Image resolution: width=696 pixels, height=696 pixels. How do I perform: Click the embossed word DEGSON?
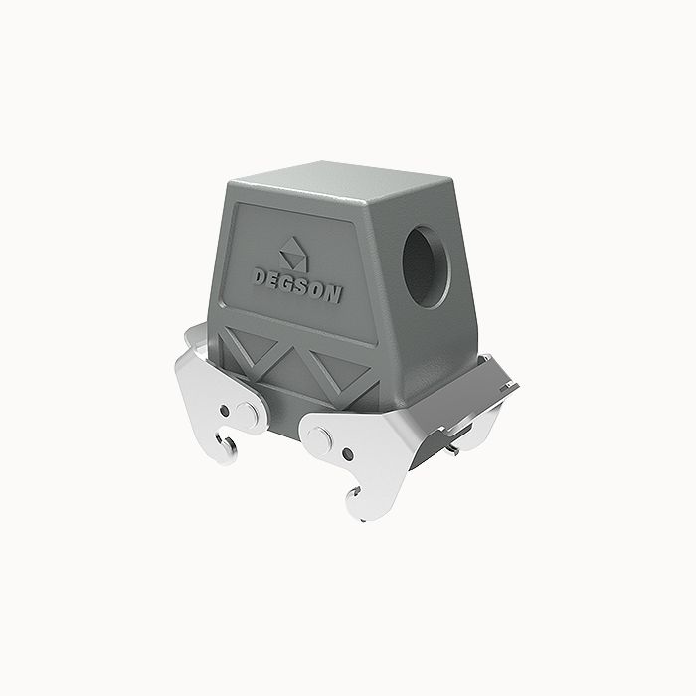296,283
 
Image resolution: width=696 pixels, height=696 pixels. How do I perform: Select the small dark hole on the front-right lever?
347,455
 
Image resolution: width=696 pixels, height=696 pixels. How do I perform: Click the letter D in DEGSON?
258,274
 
